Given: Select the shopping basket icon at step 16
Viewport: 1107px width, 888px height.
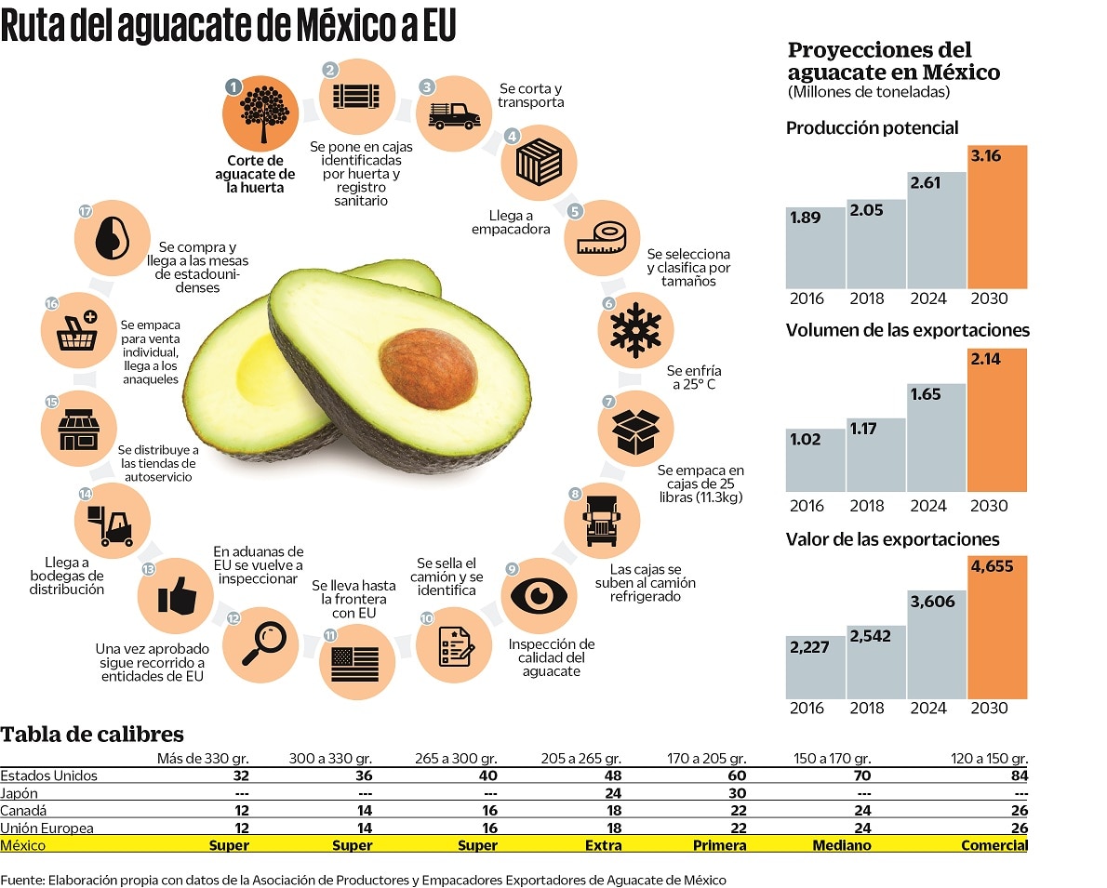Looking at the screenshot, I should click(x=80, y=330).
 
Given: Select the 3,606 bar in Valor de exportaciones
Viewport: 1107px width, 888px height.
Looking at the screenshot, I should click(x=937, y=643).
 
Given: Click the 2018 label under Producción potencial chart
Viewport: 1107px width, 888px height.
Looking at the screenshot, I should click(x=867, y=298).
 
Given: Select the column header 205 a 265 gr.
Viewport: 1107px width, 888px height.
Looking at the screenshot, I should click(x=580, y=759).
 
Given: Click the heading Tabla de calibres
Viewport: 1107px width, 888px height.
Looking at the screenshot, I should click(x=91, y=734).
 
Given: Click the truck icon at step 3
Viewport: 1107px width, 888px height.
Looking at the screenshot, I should click(x=455, y=114).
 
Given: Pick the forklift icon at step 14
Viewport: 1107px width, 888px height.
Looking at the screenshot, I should click(x=110, y=525).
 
